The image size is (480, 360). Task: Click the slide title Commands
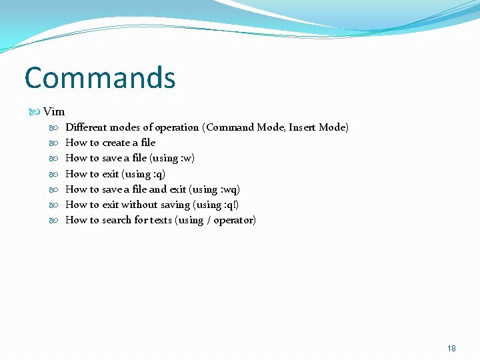[100, 78]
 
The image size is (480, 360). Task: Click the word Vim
[54, 111]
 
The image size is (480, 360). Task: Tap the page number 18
[451, 348]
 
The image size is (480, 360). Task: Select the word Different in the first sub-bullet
[87, 127]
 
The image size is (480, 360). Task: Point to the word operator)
[235, 220]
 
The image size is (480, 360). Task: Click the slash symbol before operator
[209, 220]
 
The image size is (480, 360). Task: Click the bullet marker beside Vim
[36, 111]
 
